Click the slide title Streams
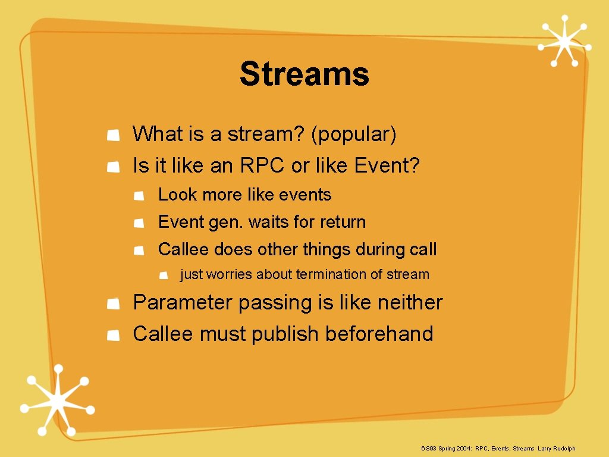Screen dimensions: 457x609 click(304, 75)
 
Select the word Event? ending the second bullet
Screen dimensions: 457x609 click(387, 166)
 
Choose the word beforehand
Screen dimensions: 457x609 click(379, 334)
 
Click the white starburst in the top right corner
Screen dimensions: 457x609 click(563, 40)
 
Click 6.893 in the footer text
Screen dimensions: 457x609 click(428, 449)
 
